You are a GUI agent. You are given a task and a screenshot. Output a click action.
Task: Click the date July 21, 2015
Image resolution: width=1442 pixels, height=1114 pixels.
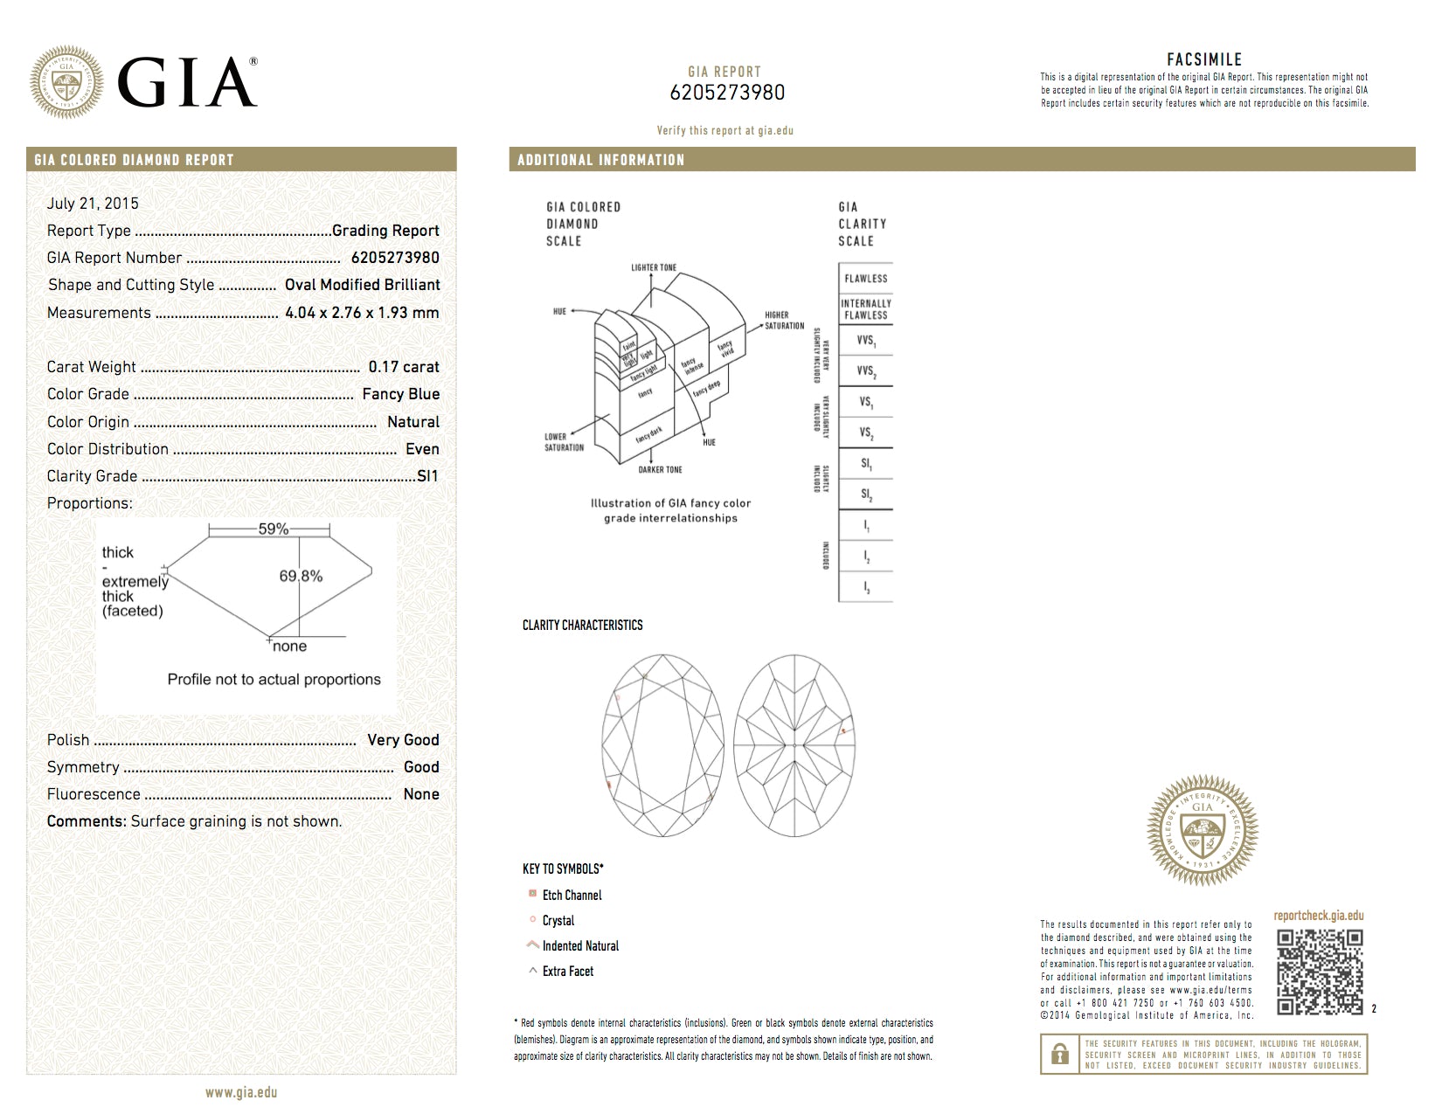[93, 204]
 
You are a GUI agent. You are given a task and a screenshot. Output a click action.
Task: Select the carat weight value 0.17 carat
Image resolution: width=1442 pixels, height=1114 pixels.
[404, 367]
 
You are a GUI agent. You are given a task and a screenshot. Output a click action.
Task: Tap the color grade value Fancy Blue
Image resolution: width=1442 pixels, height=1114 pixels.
[400, 394]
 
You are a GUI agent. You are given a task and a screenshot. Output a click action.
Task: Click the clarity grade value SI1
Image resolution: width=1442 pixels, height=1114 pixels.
[427, 476]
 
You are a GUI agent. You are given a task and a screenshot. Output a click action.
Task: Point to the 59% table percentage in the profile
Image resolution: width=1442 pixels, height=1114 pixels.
[273, 529]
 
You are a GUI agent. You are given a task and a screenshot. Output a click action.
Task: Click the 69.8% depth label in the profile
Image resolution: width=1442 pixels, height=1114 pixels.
[301, 576]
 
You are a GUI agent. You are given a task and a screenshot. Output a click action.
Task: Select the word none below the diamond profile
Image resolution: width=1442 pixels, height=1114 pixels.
[289, 647]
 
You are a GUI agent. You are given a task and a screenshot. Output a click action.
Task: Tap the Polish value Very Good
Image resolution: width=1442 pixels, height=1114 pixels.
[403, 740]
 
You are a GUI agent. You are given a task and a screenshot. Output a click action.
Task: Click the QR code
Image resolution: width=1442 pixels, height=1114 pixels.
[1320, 972]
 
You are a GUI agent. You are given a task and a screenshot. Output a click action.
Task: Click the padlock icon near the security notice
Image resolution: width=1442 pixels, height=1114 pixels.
[1060, 1054]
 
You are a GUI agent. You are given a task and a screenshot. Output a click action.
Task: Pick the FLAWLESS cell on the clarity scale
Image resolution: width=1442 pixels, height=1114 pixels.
[865, 279]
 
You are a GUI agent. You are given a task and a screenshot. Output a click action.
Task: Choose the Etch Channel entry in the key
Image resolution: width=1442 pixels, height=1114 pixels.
[572, 895]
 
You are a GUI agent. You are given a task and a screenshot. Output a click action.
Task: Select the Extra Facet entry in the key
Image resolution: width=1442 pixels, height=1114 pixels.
[567, 971]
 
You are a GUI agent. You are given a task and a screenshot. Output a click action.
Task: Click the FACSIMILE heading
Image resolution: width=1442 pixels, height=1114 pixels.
[1204, 59]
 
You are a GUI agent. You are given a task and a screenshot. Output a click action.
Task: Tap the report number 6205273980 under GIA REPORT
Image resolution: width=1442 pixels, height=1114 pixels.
[727, 93]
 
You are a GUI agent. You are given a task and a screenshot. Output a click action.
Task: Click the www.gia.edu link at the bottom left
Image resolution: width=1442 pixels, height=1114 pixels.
[241, 1092]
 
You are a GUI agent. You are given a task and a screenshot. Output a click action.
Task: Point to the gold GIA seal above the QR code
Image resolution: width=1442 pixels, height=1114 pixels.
[1203, 830]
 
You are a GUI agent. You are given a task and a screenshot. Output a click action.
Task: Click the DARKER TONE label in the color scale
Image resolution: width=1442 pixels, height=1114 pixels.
[660, 470]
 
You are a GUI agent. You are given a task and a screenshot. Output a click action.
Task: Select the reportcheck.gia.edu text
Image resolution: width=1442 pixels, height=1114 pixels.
[1318, 916]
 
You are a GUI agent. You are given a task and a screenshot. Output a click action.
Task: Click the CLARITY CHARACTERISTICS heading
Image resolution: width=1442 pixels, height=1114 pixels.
[582, 625]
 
